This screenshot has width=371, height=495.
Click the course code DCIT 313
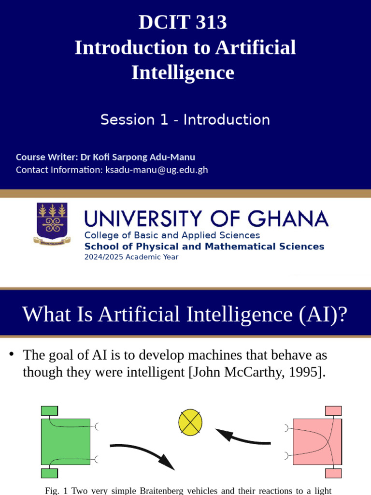pos(183,23)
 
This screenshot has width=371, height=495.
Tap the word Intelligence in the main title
pos(183,73)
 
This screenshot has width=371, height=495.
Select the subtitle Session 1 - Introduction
pos(185,119)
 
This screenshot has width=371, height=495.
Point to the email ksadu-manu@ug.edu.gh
pos(157,170)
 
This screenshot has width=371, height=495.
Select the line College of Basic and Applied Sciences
pos(172,235)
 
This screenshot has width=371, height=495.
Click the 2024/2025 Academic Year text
pos(131,257)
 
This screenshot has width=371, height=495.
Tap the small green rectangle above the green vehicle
pos(49,411)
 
